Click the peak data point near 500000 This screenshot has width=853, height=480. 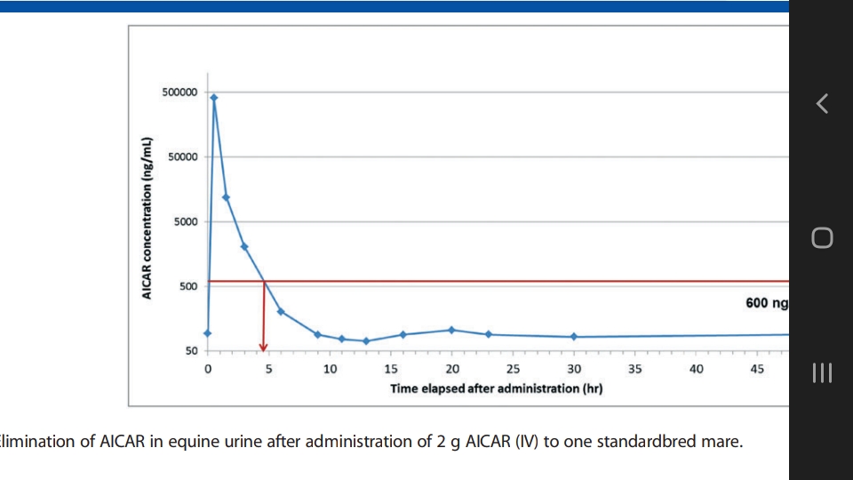(214, 98)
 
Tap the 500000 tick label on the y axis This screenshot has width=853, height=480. (179, 92)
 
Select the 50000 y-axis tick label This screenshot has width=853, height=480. (183, 157)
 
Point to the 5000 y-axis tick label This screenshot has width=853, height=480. (186, 222)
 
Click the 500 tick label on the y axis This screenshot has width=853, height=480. (188, 287)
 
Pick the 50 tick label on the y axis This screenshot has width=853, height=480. (192, 351)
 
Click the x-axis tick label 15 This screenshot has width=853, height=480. (391, 369)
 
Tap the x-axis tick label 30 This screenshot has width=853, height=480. (574, 369)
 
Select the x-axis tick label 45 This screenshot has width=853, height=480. (757, 369)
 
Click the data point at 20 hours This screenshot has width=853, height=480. (451, 331)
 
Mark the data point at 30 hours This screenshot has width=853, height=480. (574, 337)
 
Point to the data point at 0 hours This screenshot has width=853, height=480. (207, 333)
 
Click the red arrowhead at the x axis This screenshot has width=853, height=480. (263, 348)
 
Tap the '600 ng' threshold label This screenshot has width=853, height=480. (767, 303)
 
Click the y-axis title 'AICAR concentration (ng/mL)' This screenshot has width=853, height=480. (147, 219)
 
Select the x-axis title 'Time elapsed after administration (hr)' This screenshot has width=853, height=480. (496, 388)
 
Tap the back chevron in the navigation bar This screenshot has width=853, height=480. (822, 103)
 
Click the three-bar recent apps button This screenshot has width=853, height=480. (822, 372)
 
